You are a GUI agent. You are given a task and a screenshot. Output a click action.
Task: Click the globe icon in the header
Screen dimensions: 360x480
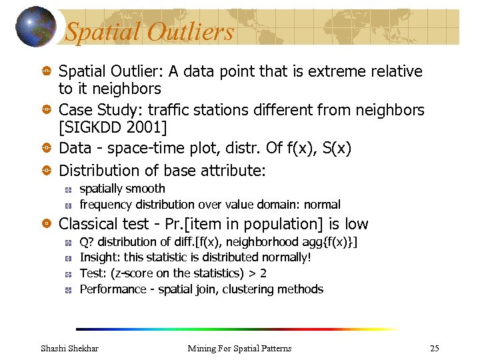(x=35, y=26)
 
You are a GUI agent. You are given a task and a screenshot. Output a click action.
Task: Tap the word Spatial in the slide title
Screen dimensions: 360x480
(x=103, y=32)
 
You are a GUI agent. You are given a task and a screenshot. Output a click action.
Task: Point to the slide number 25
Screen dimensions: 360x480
(x=435, y=349)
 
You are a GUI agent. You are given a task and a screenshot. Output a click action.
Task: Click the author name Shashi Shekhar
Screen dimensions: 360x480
(x=69, y=349)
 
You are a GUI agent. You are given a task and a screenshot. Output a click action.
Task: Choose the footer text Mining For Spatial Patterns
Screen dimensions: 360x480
(x=239, y=349)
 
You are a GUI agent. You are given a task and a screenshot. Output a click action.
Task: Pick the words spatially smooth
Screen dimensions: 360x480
(x=122, y=189)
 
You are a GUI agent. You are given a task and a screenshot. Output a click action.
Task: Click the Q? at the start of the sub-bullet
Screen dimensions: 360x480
(x=87, y=241)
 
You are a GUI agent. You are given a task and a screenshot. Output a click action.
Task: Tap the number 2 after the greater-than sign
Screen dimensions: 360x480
(x=263, y=273)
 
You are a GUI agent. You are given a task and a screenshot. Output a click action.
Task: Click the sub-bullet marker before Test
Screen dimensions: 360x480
(x=69, y=273)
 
